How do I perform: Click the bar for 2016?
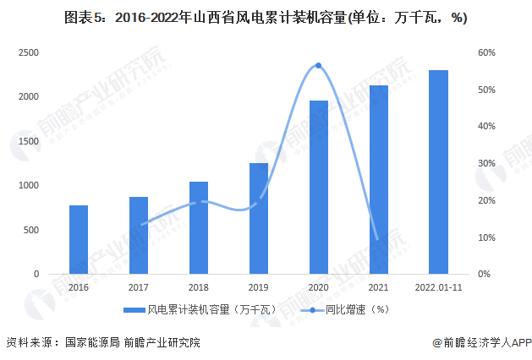(79, 240)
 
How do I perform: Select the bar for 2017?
(139, 236)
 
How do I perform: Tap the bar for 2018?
(199, 228)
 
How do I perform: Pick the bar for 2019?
(259, 219)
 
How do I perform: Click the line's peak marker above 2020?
(319, 65)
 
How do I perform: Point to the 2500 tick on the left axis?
(30, 52)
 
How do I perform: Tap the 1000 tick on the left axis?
(30, 186)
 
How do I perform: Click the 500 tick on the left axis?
(32, 230)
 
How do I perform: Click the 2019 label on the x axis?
(259, 287)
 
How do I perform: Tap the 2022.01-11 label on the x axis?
(439, 287)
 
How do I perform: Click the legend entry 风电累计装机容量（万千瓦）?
(195, 310)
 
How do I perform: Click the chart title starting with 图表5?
(266, 16)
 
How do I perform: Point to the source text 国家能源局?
(90, 343)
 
